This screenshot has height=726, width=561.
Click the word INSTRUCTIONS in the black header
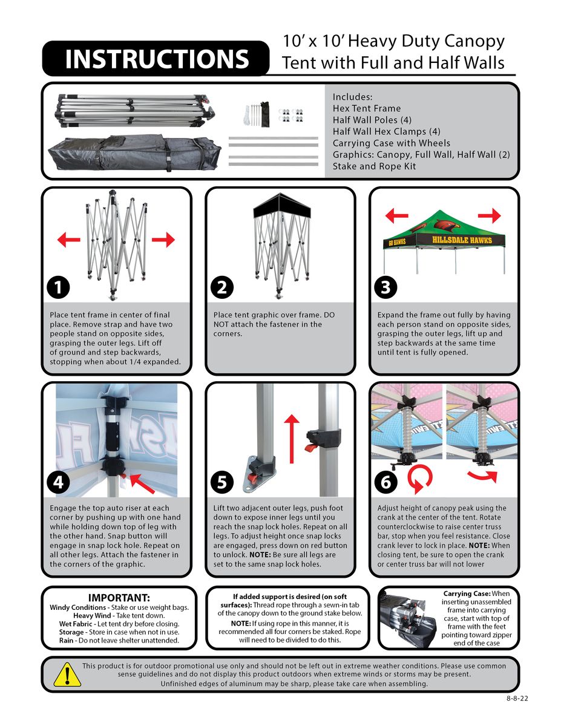point(156,59)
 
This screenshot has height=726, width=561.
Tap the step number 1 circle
point(58,288)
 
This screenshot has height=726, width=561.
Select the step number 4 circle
point(58,482)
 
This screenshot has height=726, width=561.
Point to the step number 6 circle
point(386,482)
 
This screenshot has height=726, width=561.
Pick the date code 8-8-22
point(517,698)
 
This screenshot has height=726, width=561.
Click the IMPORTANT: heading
point(119,598)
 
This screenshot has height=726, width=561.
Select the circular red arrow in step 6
point(418,480)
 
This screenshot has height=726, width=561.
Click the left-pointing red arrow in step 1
point(69,240)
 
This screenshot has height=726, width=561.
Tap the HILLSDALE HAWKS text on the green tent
point(462,240)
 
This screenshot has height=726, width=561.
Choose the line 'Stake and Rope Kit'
point(374,166)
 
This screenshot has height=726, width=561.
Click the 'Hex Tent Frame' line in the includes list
point(367,108)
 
